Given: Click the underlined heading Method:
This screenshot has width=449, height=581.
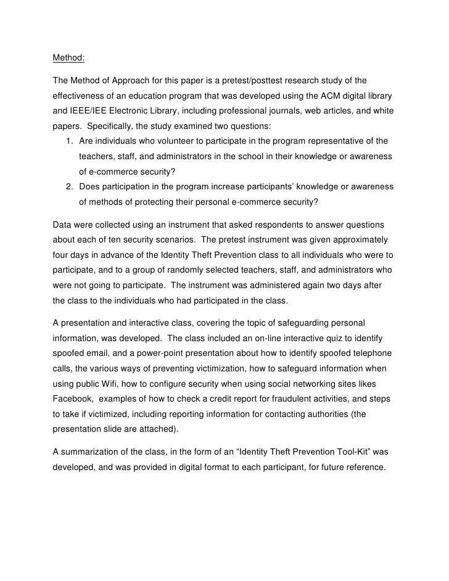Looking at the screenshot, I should (68, 59).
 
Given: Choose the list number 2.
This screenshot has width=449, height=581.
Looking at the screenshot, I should (68, 187).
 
